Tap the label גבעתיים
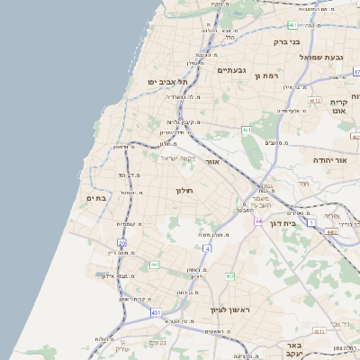[231, 70]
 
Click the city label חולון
[184, 191]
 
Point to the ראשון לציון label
[234, 310]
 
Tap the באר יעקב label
[292, 349]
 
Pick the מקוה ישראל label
[177, 158]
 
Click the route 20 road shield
[121, 243]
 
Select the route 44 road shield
[257, 221]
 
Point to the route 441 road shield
[155, 265]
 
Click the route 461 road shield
[246, 130]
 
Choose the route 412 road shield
[229, 276]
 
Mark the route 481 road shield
[292, 25]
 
